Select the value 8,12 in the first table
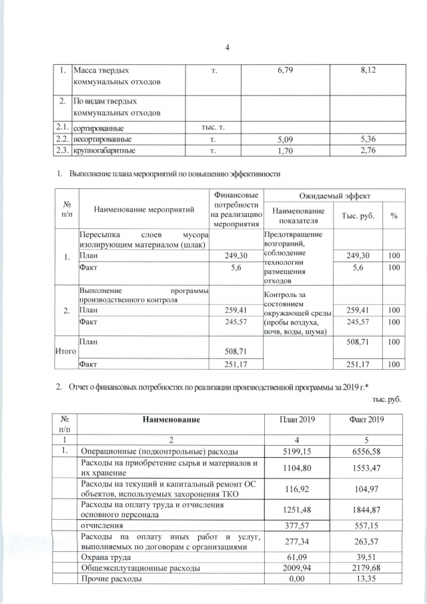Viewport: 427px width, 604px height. (360, 69)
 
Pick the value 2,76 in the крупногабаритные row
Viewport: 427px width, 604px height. (360, 152)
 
